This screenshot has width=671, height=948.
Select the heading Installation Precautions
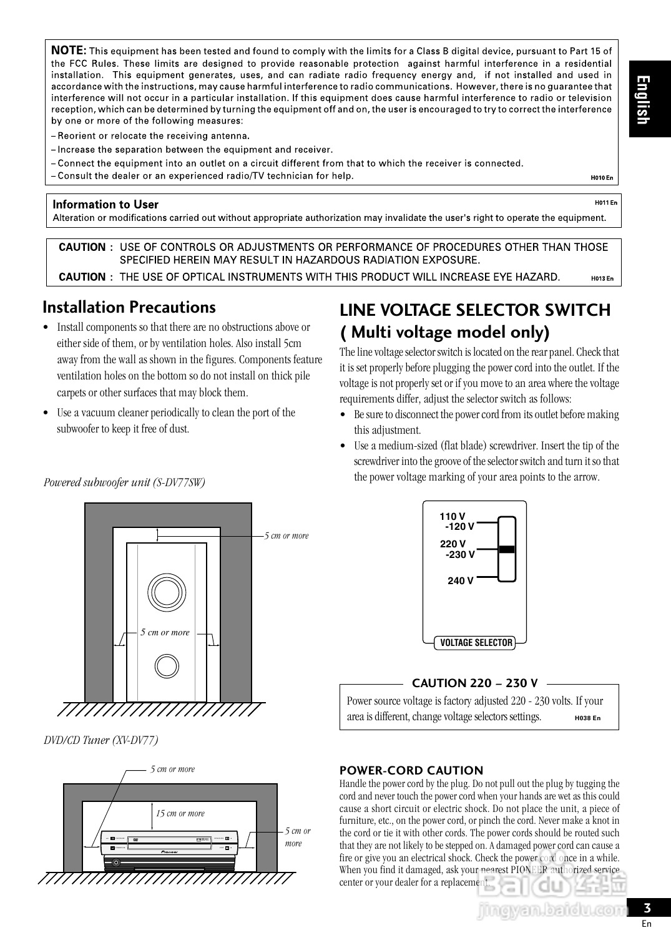[129, 307]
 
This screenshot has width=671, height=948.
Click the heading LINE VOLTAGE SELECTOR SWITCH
[474, 310]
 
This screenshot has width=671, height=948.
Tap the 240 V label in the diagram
[460, 581]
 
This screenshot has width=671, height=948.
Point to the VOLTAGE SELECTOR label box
[476, 643]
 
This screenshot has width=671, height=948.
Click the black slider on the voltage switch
[507, 550]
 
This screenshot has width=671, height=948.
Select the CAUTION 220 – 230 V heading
[474, 683]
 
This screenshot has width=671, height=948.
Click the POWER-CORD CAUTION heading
[411, 770]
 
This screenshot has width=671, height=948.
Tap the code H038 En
[587, 718]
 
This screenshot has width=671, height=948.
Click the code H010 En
[602, 178]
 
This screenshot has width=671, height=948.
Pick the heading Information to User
[105, 205]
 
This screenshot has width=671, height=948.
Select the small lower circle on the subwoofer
[167, 665]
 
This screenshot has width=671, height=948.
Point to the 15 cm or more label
[180, 813]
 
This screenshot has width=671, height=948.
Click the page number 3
[647, 909]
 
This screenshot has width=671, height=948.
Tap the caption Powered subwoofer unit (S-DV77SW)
[124, 482]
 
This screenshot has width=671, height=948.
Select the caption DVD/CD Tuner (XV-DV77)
[101, 740]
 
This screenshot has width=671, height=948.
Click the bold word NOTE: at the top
[69, 51]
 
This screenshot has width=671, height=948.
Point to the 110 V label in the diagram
[453, 516]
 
